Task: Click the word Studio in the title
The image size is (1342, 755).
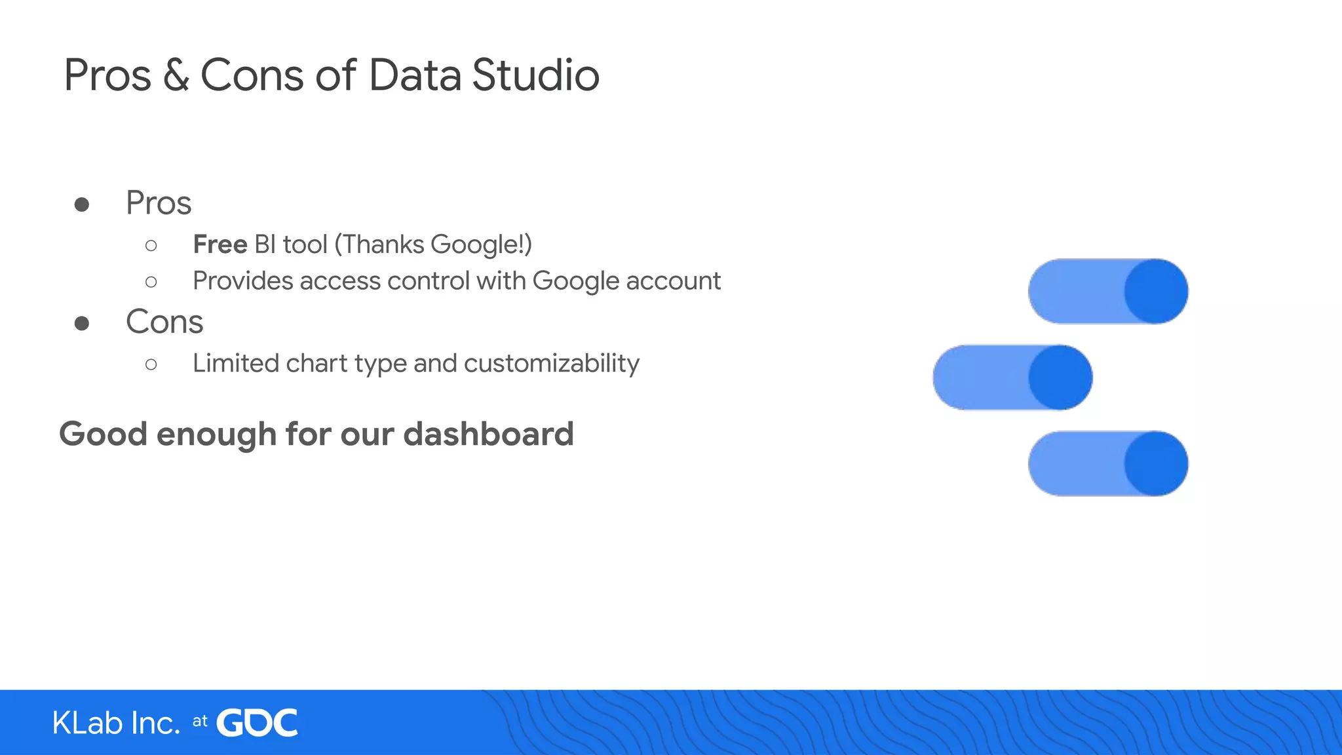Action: click(x=535, y=75)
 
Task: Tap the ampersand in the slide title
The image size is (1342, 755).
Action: click(x=176, y=75)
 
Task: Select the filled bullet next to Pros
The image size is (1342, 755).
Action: click(x=82, y=204)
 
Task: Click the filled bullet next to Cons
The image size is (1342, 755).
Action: click(x=82, y=323)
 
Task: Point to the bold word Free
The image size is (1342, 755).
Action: click(x=220, y=244)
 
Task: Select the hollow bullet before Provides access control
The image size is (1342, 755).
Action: click(x=151, y=282)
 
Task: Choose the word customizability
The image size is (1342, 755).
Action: click(x=551, y=364)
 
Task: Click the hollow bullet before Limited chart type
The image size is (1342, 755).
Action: click(x=151, y=364)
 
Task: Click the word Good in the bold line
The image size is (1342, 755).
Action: click(x=103, y=435)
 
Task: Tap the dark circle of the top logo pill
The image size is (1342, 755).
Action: click(x=1156, y=291)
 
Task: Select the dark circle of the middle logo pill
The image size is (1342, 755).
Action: click(x=1060, y=377)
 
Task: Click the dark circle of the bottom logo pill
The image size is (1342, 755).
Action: click(x=1156, y=463)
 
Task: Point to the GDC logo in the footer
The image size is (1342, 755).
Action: click(x=257, y=723)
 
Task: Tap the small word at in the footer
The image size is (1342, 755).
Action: click(x=200, y=722)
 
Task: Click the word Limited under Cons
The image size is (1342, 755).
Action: click(x=235, y=364)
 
